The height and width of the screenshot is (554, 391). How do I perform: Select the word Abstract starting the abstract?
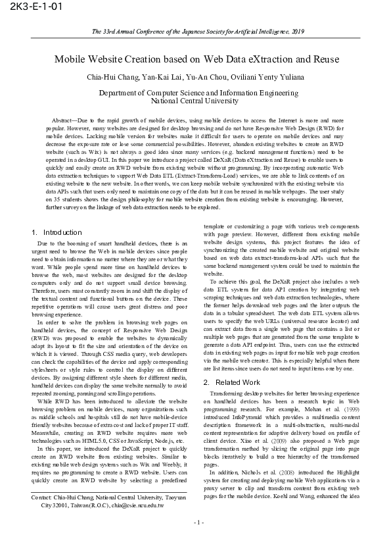(63, 122)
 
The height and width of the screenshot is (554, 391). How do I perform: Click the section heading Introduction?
(62, 232)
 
